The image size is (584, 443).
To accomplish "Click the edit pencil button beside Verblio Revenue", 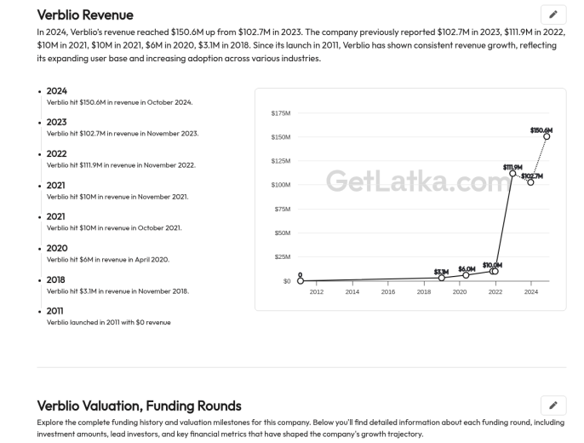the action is pyautogui.click(x=553, y=14).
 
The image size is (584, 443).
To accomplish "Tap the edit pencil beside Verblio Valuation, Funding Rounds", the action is pyautogui.click(x=553, y=405).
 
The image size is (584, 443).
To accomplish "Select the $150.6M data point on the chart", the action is pyautogui.click(x=547, y=136).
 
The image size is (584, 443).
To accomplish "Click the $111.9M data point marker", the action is pyautogui.click(x=512, y=174).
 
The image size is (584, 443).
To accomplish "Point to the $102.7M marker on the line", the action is pyautogui.click(x=530, y=182).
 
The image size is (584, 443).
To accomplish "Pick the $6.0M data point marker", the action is pyautogui.click(x=466, y=275).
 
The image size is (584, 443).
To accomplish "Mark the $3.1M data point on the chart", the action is pyautogui.click(x=441, y=278).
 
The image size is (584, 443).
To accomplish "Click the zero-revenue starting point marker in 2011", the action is pyautogui.click(x=301, y=280).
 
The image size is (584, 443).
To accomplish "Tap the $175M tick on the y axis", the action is pyautogui.click(x=281, y=113).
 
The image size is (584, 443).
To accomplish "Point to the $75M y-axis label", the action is pyautogui.click(x=283, y=209).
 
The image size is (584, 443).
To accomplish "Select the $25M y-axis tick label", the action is pyautogui.click(x=283, y=256).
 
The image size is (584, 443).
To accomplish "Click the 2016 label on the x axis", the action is pyautogui.click(x=387, y=291).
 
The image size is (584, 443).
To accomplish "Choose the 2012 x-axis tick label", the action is pyautogui.click(x=316, y=291).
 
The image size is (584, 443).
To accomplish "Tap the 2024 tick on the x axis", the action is pyautogui.click(x=530, y=291).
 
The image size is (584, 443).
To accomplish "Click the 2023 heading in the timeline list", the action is pyautogui.click(x=56, y=122).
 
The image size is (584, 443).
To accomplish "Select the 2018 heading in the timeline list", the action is pyautogui.click(x=55, y=279).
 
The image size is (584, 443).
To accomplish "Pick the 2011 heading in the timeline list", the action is pyautogui.click(x=54, y=311).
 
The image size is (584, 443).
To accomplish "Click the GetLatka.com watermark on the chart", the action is pyautogui.click(x=419, y=181).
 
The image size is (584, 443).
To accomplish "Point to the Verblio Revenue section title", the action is pyautogui.click(x=85, y=14).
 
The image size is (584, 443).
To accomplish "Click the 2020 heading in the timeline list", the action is pyautogui.click(x=57, y=248).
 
